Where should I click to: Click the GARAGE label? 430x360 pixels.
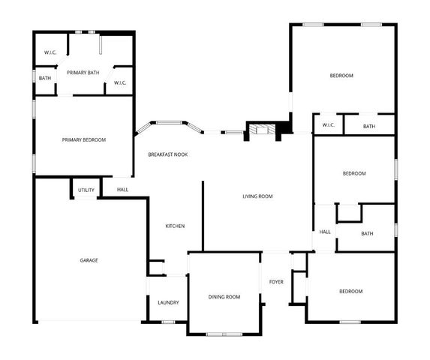[89, 260]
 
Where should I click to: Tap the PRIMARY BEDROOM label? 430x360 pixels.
[83, 140]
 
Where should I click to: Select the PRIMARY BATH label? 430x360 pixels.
[83, 72]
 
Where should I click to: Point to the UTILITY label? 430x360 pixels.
[86, 190]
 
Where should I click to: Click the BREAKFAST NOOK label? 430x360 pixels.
[167, 154]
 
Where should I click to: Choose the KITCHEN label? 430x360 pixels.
[175, 226]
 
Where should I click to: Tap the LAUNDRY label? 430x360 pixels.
[168, 302]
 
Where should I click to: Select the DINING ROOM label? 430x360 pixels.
[224, 297]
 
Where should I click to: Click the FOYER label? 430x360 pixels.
[276, 282]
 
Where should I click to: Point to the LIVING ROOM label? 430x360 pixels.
[257, 196]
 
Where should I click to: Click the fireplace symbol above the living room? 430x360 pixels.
[262, 130]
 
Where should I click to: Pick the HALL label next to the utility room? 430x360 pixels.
[122, 190]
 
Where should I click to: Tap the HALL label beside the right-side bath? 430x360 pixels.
[325, 232]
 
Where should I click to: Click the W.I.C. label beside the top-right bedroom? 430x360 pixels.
[328, 125]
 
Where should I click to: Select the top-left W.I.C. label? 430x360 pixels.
[50, 52]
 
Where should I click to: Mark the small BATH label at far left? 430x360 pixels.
[45, 78]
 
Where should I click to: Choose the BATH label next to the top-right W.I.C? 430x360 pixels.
[368, 126]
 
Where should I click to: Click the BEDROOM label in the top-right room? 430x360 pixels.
[341, 76]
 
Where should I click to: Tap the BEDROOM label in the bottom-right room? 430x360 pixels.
[350, 291]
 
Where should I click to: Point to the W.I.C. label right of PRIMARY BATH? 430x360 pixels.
[120, 82]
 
